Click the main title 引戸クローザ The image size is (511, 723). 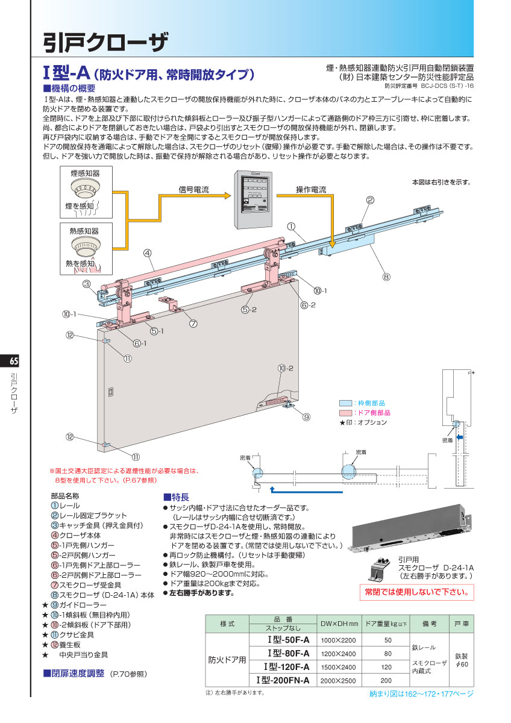pos(105,42)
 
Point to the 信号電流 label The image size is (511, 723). pos(193,189)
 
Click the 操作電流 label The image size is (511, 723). pos(310,189)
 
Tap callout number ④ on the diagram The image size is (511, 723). pos(147,253)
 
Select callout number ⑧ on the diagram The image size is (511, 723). pos(386,277)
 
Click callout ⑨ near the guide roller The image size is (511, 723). pos(306,416)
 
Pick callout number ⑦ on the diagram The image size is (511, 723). pos(193,323)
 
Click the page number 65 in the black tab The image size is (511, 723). pos(14,361)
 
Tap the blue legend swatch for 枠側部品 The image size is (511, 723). pos(345,402)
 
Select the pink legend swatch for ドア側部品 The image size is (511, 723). pos(345,413)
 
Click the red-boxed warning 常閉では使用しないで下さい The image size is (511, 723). pos(416,592)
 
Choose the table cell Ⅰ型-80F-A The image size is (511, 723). pos(288,654)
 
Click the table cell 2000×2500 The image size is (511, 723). pos(339,680)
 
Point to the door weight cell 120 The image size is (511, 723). pos(387,667)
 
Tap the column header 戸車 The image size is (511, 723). pos(461,623)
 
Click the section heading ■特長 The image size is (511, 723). pos(176,497)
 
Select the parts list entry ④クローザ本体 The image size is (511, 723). pos(83,535)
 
